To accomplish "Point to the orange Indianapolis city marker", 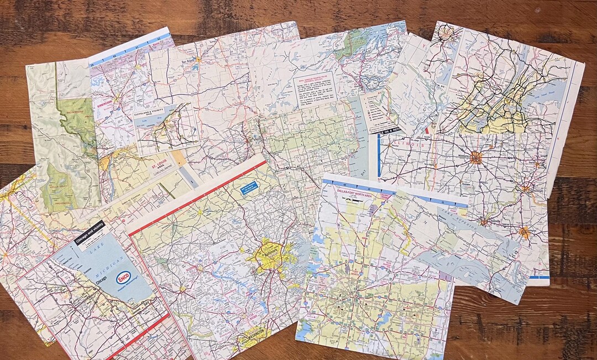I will pos(475,157).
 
